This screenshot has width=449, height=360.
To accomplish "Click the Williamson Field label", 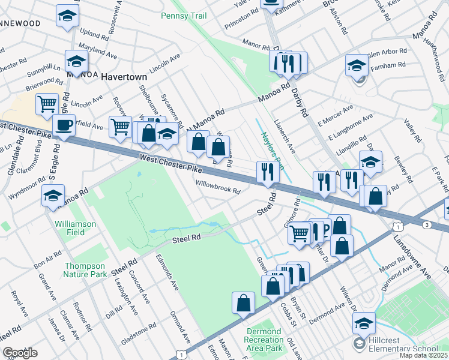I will point(75,228).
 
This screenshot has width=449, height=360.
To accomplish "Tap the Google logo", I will point(20,352).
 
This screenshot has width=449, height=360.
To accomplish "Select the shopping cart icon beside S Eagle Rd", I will point(47,104).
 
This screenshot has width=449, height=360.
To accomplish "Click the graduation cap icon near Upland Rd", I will point(67,17).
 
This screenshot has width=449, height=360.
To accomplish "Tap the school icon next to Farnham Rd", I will point(357,66).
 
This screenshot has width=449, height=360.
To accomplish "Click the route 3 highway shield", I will point(426,224).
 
